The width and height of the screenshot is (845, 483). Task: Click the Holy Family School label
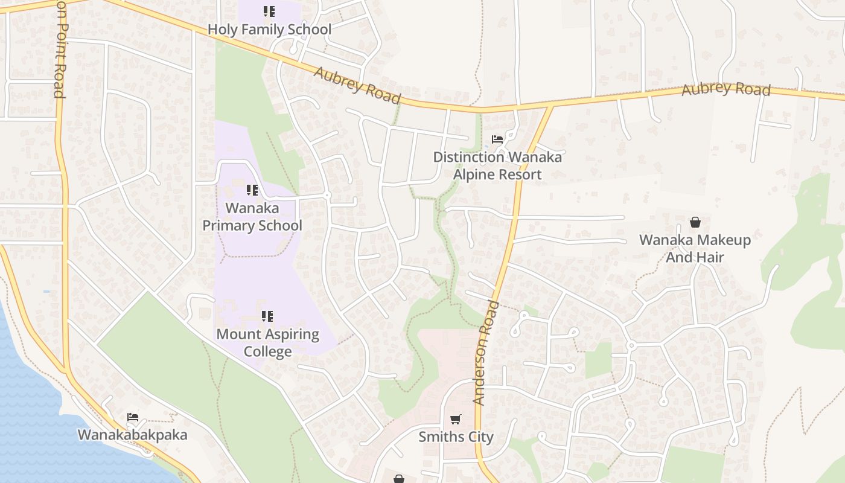coord(269,29)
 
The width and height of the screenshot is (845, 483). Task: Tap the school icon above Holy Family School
coord(269,11)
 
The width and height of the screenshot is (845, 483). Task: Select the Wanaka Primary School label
coord(252,217)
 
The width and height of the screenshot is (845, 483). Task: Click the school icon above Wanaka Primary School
coord(252,190)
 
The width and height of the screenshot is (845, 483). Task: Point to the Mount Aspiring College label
coord(267,342)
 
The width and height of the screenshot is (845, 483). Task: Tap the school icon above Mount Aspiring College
coord(267,316)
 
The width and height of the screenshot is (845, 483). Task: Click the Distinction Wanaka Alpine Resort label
coord(497,165)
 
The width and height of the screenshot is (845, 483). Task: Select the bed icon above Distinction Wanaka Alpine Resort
coord(497,139)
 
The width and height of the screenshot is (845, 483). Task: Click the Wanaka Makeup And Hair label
coord(695,248)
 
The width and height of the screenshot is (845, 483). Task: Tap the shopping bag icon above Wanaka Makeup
coord(695,222)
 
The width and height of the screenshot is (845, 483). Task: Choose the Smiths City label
coord(456,437)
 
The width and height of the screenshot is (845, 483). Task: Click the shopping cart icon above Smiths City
coord(456,419)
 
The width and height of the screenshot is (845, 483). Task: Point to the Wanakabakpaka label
coord(133,435)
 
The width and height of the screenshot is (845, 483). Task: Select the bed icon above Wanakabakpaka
coord(133,417)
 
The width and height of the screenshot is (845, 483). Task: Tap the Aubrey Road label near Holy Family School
coord(357,85)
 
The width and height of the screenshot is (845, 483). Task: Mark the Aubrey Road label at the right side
coord(726,89)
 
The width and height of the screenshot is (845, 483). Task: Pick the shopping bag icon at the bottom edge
coord(399,479)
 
